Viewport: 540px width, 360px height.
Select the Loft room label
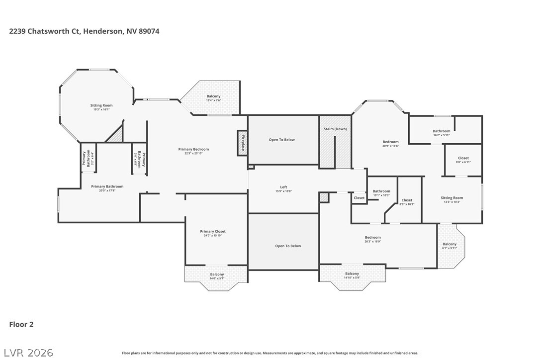pyautogui.click(x=283, y=187)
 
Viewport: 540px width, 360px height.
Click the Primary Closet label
pyautogui.click(x=213, y=232)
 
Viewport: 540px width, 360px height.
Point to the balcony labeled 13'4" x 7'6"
pyautogui.click(x=213, y=98)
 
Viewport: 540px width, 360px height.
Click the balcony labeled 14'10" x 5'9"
pyautogui.click(x=352, y=275)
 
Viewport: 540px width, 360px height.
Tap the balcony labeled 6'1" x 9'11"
pyautogui.click(x=450, y=246)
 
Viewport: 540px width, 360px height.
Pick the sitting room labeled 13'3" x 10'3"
pyautogui.click(x=451, y=199)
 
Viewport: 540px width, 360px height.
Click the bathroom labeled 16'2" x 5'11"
pyautogui.click(x=441, y=133)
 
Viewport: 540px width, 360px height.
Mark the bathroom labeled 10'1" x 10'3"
pyautogui.click(x=381, y=193)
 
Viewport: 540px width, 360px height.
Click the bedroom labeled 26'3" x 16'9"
pyautogui.click(x=372, y=239)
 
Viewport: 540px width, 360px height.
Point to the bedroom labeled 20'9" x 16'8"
pyautogui.click(x=390, y=144)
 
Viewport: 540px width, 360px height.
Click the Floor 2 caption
pyautogui.click(x=21, y=325)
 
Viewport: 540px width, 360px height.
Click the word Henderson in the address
pyautogui.click(x=101, y=31)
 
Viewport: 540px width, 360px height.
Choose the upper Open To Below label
pyautogui.click(x=282, y=140)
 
